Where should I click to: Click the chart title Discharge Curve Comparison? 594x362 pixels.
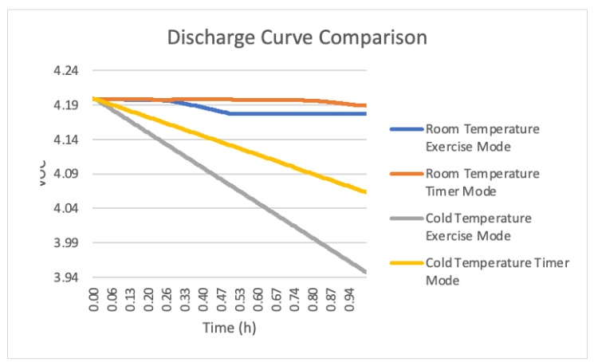pyautogui.click(x=296, y=37)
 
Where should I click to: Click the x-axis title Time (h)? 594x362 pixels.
pyautogui.click(x=229, y=327)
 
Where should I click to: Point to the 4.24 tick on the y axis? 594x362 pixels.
pyautogui.click(x=66, y=71)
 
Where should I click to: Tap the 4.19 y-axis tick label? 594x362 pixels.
pyautogui.click(x=66, y=105)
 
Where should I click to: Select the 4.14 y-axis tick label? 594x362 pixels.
pyautogui.click(x=66, y=140)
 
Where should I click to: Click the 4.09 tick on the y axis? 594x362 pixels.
pyautogui.click(x=66, y=174)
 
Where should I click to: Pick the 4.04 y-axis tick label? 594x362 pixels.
pyautogui.click(x=66, y=208)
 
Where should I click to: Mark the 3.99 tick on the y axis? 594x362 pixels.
pyautogui.click(x=66, y=242)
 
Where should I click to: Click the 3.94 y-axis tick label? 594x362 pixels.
pyautogui.click(x=66, y=277)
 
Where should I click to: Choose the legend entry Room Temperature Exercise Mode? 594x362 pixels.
pyautogui.click(x=482, y=136)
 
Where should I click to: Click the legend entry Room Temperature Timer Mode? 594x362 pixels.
pyautogui.click(x=482, y=181)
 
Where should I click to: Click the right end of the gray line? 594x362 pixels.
pyautogui.click(x=366, y=273)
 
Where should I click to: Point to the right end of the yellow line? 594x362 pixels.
pyautogui.click(x=366, y=192)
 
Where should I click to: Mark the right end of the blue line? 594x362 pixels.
pyautogui.click(x=366, y=113)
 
